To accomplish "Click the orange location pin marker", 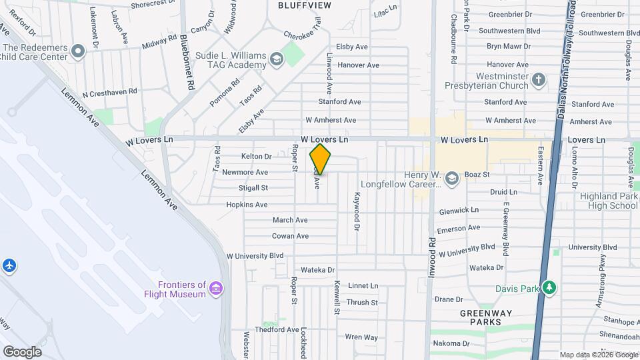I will [320, 159].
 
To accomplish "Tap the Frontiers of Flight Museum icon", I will [216, 288].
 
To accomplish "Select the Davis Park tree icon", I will [549, 288].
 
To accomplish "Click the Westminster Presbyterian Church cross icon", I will [539, 81].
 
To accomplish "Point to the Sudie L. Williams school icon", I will [275, 60].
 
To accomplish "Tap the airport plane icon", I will [9, 266].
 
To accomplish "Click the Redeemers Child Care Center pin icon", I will [78, 51].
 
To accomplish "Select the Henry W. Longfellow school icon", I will [452, 178].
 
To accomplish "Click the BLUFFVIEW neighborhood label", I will [304, 5].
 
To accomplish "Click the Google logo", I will [22, 351].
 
